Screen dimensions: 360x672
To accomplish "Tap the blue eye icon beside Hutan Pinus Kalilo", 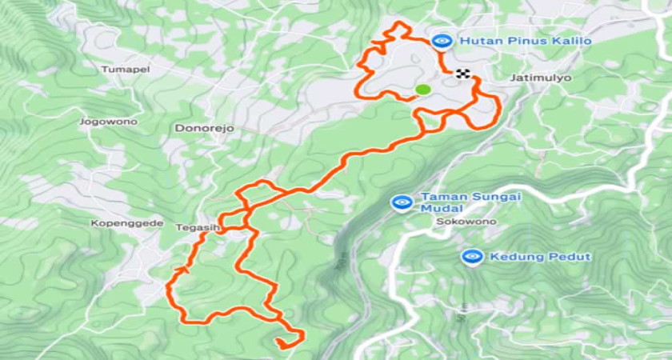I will pos(440,40).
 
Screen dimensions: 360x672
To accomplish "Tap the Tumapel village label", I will pos(125,70).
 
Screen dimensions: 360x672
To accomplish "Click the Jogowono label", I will pos(108,122).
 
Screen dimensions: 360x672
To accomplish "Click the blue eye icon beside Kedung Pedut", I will pos(472,256).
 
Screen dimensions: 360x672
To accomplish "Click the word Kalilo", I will pos(571,40).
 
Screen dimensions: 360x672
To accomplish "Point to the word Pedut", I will pos(571,256).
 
